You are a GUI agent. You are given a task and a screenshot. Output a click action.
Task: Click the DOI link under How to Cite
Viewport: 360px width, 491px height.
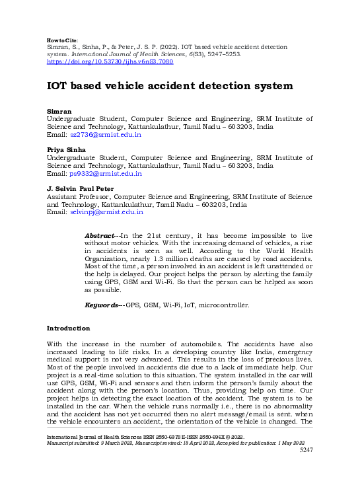click(110, 61)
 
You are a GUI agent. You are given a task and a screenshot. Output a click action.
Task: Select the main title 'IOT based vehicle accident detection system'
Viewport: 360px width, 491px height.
click(169, 86)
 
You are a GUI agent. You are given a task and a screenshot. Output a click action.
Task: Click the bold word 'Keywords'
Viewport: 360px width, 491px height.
click(102, 305)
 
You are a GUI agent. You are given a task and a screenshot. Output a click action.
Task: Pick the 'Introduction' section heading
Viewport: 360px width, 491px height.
click(68, 328)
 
